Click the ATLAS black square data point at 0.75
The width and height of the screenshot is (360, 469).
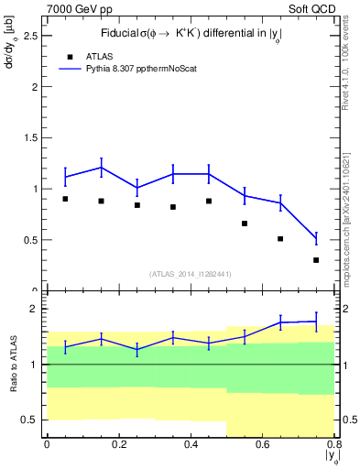(316, 260)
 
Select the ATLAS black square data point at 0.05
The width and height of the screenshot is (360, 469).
(65, 199)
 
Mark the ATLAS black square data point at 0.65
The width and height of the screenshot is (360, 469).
(280, 239)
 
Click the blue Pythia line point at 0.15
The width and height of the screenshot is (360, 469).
(101, 167)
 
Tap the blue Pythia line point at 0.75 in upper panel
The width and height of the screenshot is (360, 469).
(316, 238)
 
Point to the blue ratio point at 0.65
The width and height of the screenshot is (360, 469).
(280, 322)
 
